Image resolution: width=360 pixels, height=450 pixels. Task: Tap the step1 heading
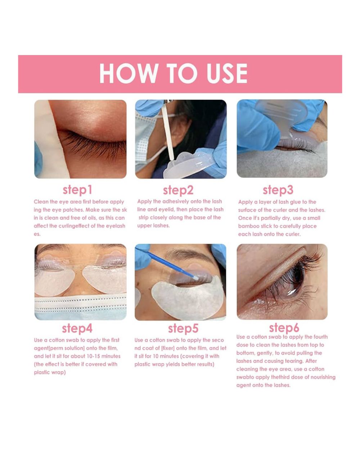(77, 190)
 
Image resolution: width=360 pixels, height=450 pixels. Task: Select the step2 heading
(178, 190)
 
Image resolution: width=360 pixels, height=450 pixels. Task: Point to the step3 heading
(278, 190)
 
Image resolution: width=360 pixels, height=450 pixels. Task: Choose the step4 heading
(77, 329)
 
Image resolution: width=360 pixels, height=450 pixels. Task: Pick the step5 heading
(183, 329)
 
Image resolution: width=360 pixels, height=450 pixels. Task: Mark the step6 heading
(284, 328)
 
